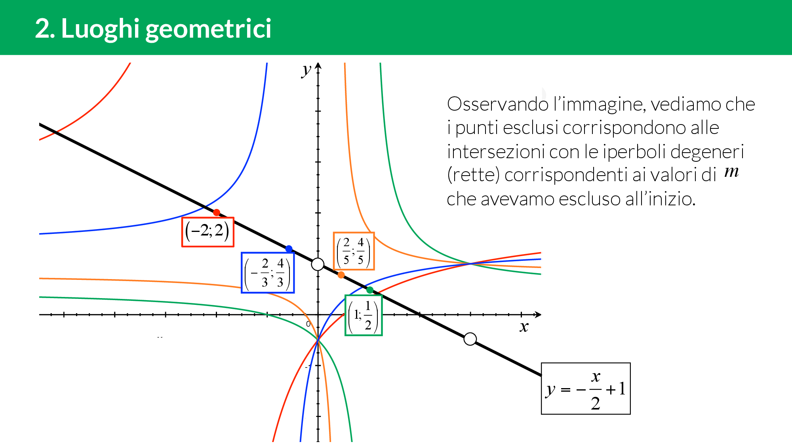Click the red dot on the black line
click(216, 212)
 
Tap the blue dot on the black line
click(289, 249)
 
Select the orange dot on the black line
click(341, 275)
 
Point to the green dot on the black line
click(370, 290)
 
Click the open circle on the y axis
click(318, 264)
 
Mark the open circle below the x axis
click(470, 339)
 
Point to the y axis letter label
click(306, 70)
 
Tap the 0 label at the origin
click(308, 324)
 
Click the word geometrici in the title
click(208, 29)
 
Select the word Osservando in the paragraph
click(498, 104)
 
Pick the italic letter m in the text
click(731, 171)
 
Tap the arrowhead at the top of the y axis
click(318, 66)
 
